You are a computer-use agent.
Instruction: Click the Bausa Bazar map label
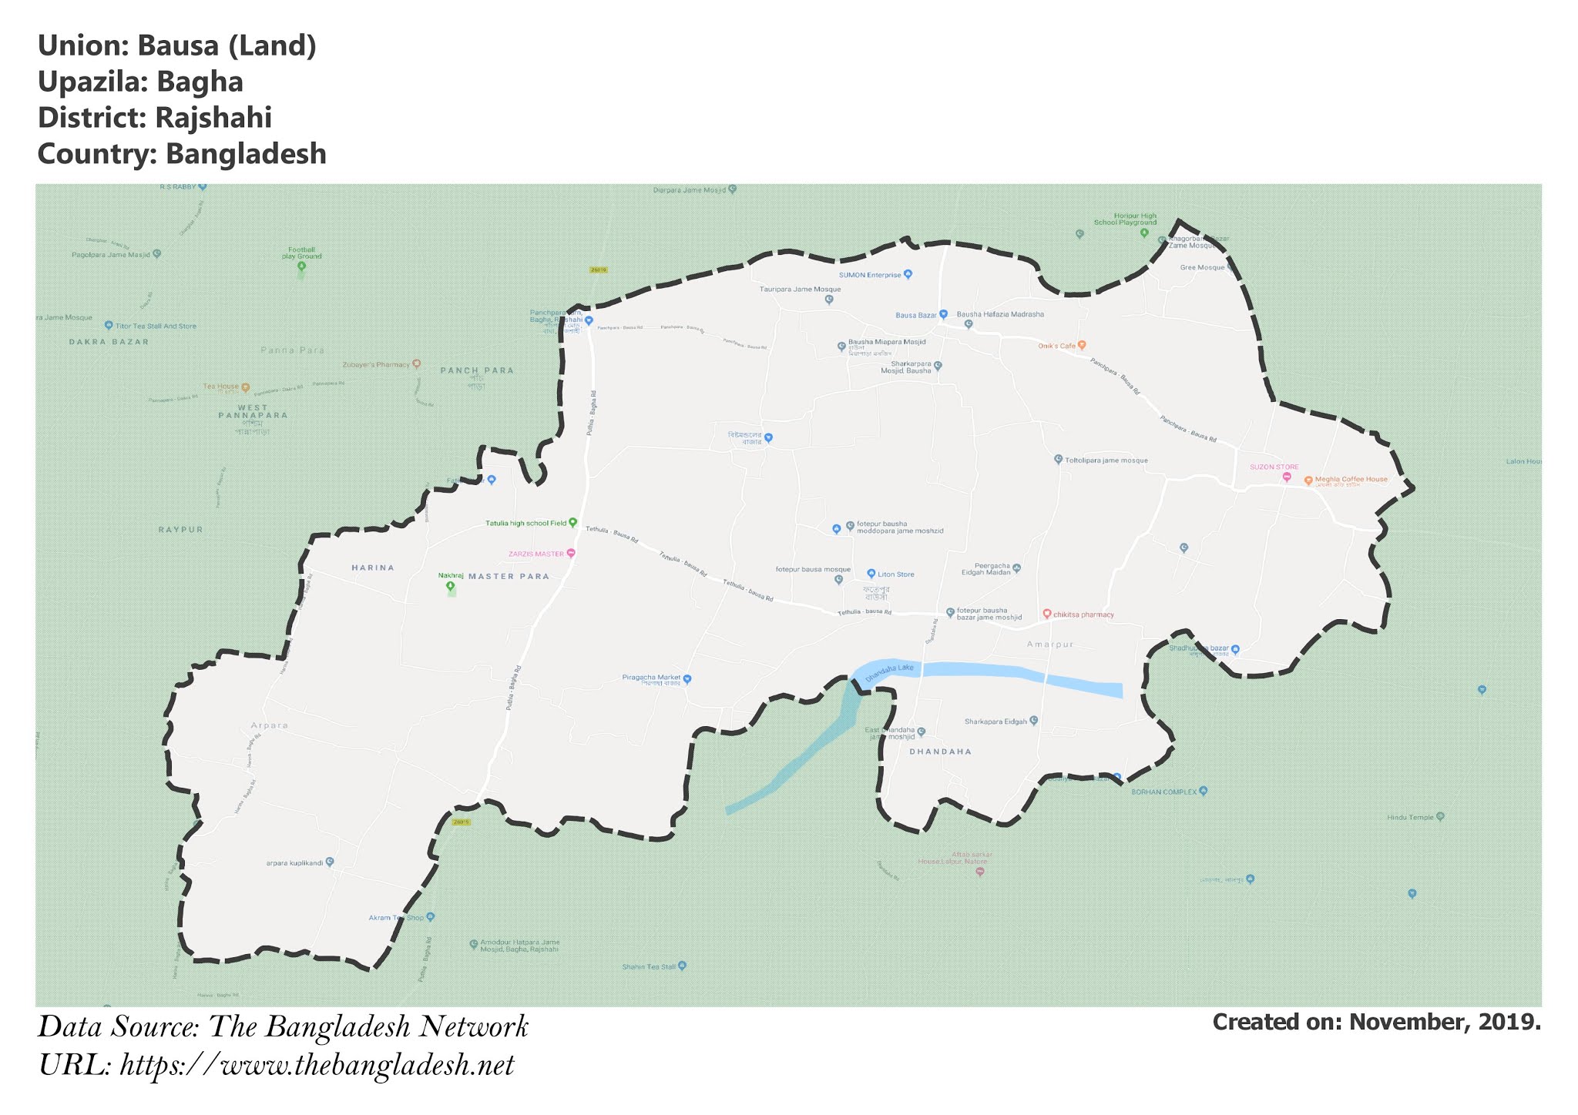pos(915,315)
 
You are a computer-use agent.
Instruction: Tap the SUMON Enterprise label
pos(869,275)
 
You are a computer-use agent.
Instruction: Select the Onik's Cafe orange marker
pos(1082,345)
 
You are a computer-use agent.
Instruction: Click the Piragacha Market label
pos(651,678)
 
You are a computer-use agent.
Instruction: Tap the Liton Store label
pos(896,574)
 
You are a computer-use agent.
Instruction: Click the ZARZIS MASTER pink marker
pos(570,553)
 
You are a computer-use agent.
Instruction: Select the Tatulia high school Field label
pos(525,523)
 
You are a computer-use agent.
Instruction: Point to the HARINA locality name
pos(373,568)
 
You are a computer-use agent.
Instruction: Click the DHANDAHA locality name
pos(941,751)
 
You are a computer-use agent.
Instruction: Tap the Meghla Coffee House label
pos(1351,479)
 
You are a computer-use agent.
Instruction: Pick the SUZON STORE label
pos(1274,467)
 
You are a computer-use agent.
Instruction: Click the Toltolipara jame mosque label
pos(1106,460)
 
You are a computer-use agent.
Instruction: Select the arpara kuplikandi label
pos(294,862)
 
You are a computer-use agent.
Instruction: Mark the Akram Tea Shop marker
pos(431,917)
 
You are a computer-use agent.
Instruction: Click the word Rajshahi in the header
pos(213,118)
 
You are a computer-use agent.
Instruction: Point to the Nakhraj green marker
pos(451,587)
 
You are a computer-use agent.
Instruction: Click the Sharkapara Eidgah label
pos(995,722)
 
